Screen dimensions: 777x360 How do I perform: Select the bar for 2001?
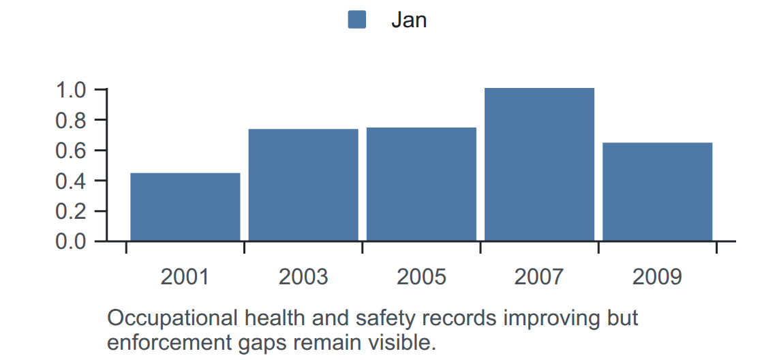coord(185,207)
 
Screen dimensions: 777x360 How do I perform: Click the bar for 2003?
coord(303,185)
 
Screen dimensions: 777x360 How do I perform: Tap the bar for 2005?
coord(421,184)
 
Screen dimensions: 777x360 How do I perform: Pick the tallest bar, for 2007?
coord(539,164)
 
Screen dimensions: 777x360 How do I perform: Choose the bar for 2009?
coord(657,192)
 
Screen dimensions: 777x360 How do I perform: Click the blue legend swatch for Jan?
coord(356,20)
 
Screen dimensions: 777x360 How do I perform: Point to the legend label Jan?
coord(409,20)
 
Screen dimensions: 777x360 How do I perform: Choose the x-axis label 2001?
coord(185,277)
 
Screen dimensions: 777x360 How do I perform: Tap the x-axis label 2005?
coord(421,277)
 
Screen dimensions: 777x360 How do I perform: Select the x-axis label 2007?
coord(539,277)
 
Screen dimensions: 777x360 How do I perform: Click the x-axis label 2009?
coord(657,277)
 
